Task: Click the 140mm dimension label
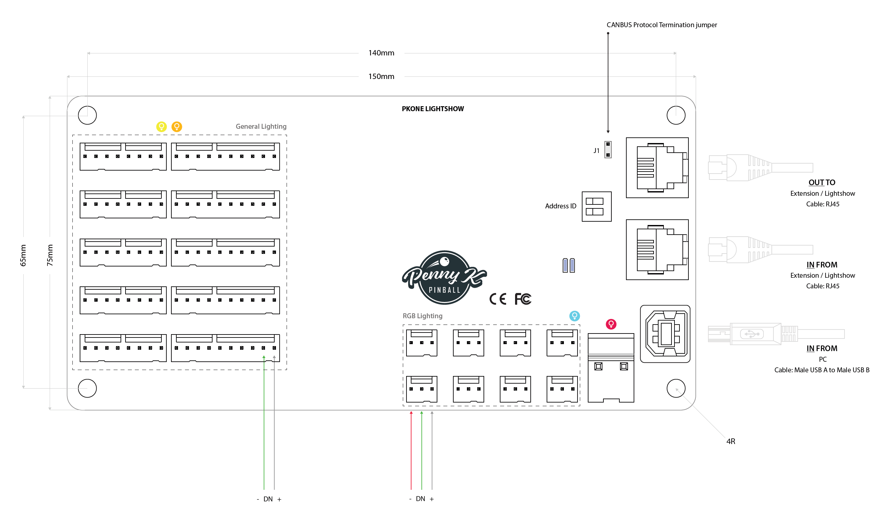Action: coord(381,53)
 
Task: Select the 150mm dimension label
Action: coord(381,76)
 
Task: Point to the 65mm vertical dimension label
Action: coord(23,255)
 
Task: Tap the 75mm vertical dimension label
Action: coord(50,255)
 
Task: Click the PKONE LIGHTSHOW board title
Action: coord(432,109)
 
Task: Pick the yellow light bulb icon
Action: coord(161,126)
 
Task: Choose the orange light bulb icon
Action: coord(177,126)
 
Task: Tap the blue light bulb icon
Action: coord(574,316)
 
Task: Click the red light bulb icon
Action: coord(611,324)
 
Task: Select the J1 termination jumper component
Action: coord(608,150)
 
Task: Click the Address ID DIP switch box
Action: coord(596,207)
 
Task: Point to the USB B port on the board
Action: coord(665,334)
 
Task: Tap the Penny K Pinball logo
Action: coord(444,278)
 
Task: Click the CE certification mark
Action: coord(498,299)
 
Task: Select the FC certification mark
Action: coord(523,299)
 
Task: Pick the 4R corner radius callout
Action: coord(731,441)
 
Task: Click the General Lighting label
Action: coord(261,127)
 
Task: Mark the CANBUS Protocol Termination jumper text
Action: coord(662,25)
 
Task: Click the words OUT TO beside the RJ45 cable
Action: coord(822,183)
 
